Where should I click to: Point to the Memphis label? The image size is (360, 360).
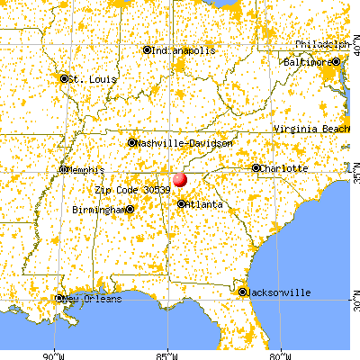point(88,169)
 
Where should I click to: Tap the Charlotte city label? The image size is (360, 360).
point(285,168)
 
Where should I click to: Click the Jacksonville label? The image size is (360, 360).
point(280,292)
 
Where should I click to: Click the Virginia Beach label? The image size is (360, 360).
point(310,130)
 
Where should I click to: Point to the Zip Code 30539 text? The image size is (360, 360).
point(131,190)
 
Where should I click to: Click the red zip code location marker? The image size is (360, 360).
point(179,179)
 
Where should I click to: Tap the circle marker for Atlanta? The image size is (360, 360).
point(182,204)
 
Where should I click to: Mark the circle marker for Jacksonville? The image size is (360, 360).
point(242,292)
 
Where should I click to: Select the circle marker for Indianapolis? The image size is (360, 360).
point(148,50)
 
